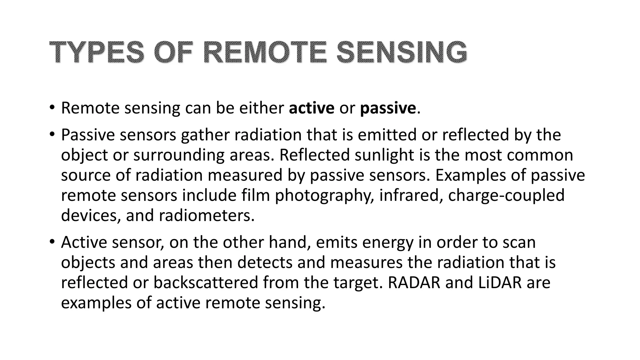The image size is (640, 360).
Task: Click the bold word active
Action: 312,108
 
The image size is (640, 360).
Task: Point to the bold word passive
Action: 388,109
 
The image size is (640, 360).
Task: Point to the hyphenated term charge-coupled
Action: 506,196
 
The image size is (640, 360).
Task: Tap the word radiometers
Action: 207,216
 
